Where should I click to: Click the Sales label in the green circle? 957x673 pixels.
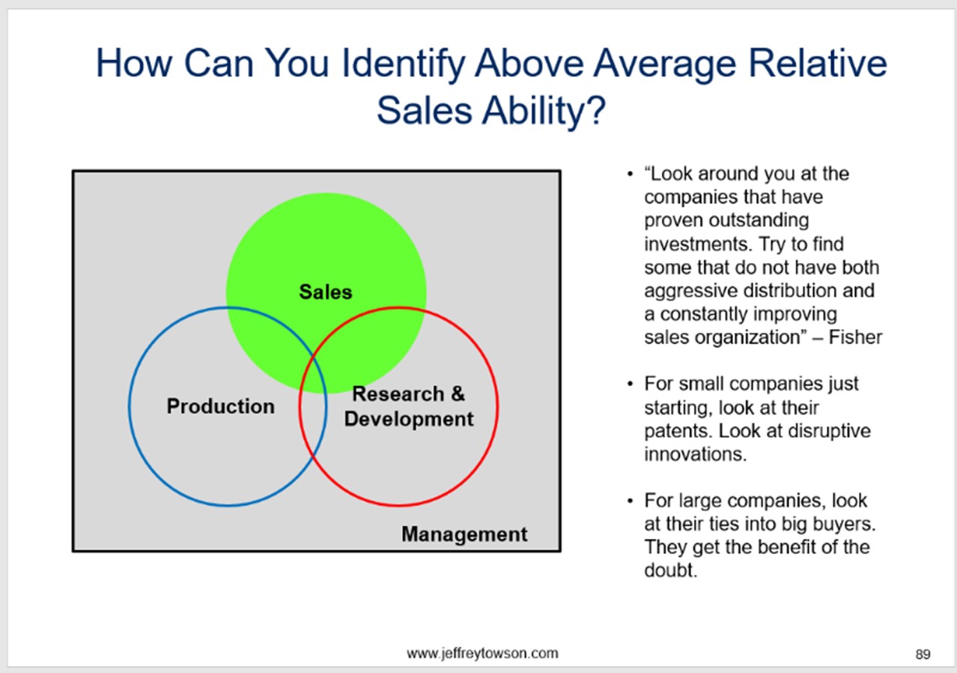[x=326, y=292]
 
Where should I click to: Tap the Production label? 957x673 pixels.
[x=220, y=406]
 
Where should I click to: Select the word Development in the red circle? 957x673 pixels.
[x=409, y=420]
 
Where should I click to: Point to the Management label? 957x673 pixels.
[x=464, y=534]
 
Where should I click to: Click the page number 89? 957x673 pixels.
[x=923, y=654]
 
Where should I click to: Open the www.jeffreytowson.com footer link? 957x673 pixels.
[x=482, y=654]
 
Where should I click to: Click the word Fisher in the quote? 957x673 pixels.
[x=855, y=337]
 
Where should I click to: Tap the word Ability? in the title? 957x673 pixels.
[x=544, y=110]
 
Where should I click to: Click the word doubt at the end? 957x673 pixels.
[x=671, y=570]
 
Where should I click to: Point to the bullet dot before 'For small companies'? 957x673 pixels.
[x=630, y=384]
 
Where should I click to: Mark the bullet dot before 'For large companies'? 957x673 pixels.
[x=630, y=501]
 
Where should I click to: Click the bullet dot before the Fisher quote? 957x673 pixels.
[x=630, y=174]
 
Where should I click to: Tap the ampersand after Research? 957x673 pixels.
[x=458, y=393]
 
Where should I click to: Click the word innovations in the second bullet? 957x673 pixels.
[x=695, y=454]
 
